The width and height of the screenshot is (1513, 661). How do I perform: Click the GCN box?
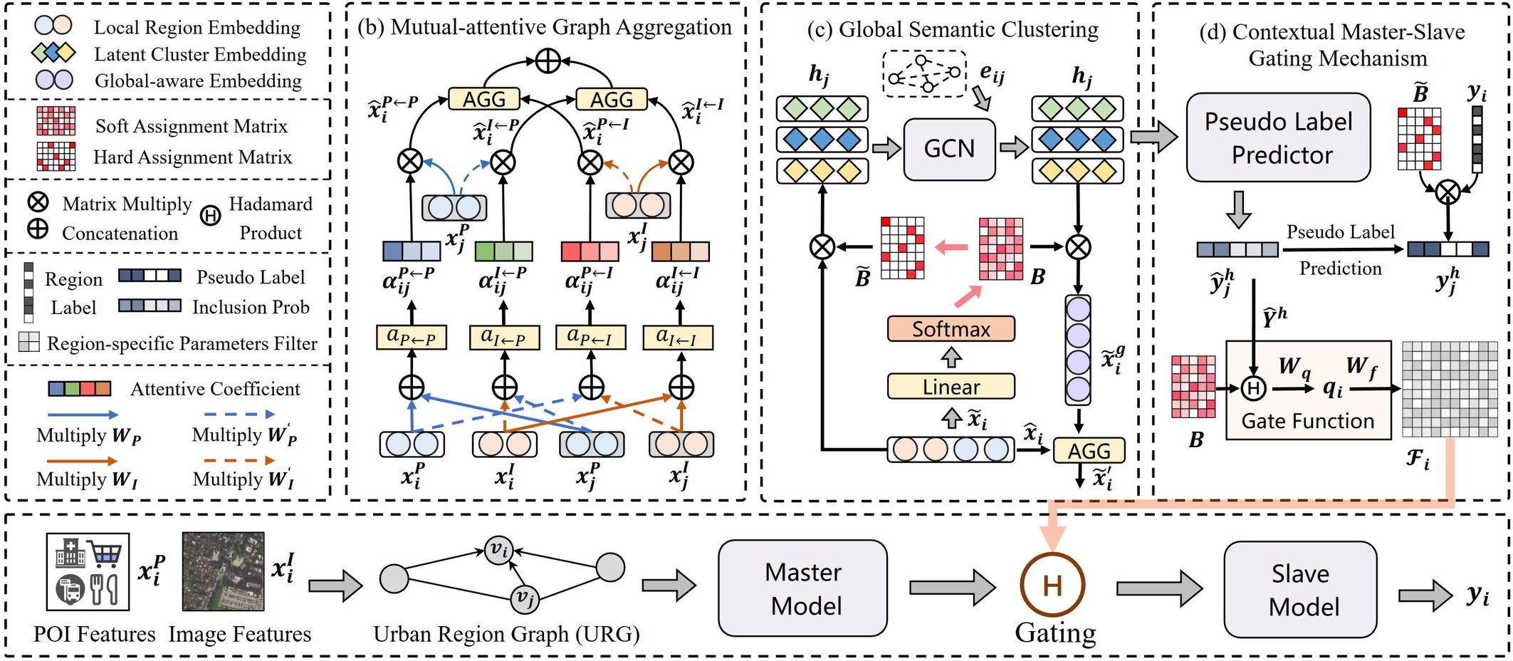tap(948, 149)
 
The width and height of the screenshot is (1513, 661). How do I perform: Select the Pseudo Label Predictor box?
tap(1278, 137)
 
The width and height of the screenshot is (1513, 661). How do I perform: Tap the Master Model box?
tap(802, 588)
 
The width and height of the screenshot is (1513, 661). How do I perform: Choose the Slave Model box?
tap(1300, 590)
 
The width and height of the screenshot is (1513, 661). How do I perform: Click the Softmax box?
tap(951, 329)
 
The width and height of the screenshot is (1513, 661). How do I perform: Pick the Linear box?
tap(951, 387)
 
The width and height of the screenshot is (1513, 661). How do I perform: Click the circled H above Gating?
tap(1052, 585)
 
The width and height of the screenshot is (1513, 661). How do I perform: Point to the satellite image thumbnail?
tap(223, 572)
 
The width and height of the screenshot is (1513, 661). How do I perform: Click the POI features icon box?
tap(88, 572)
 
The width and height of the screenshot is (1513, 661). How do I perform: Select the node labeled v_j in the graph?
tap(524, 598)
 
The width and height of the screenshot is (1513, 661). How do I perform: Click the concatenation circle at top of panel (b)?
tap(548, 61)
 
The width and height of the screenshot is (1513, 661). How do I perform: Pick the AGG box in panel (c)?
tap(1088, 451)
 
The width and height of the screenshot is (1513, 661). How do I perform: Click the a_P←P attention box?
tap(412, 338)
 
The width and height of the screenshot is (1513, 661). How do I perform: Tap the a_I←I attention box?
tap(677, 338)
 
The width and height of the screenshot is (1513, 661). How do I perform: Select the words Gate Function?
tap(1307, 421)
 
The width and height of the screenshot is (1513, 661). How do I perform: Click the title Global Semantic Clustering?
tap(953, 30)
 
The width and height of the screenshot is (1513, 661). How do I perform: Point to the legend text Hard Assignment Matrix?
tap(192, 157)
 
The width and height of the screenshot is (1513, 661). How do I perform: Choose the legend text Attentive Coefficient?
tap(215, 389)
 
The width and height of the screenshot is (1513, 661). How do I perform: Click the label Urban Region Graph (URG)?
tap(506, 634)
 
